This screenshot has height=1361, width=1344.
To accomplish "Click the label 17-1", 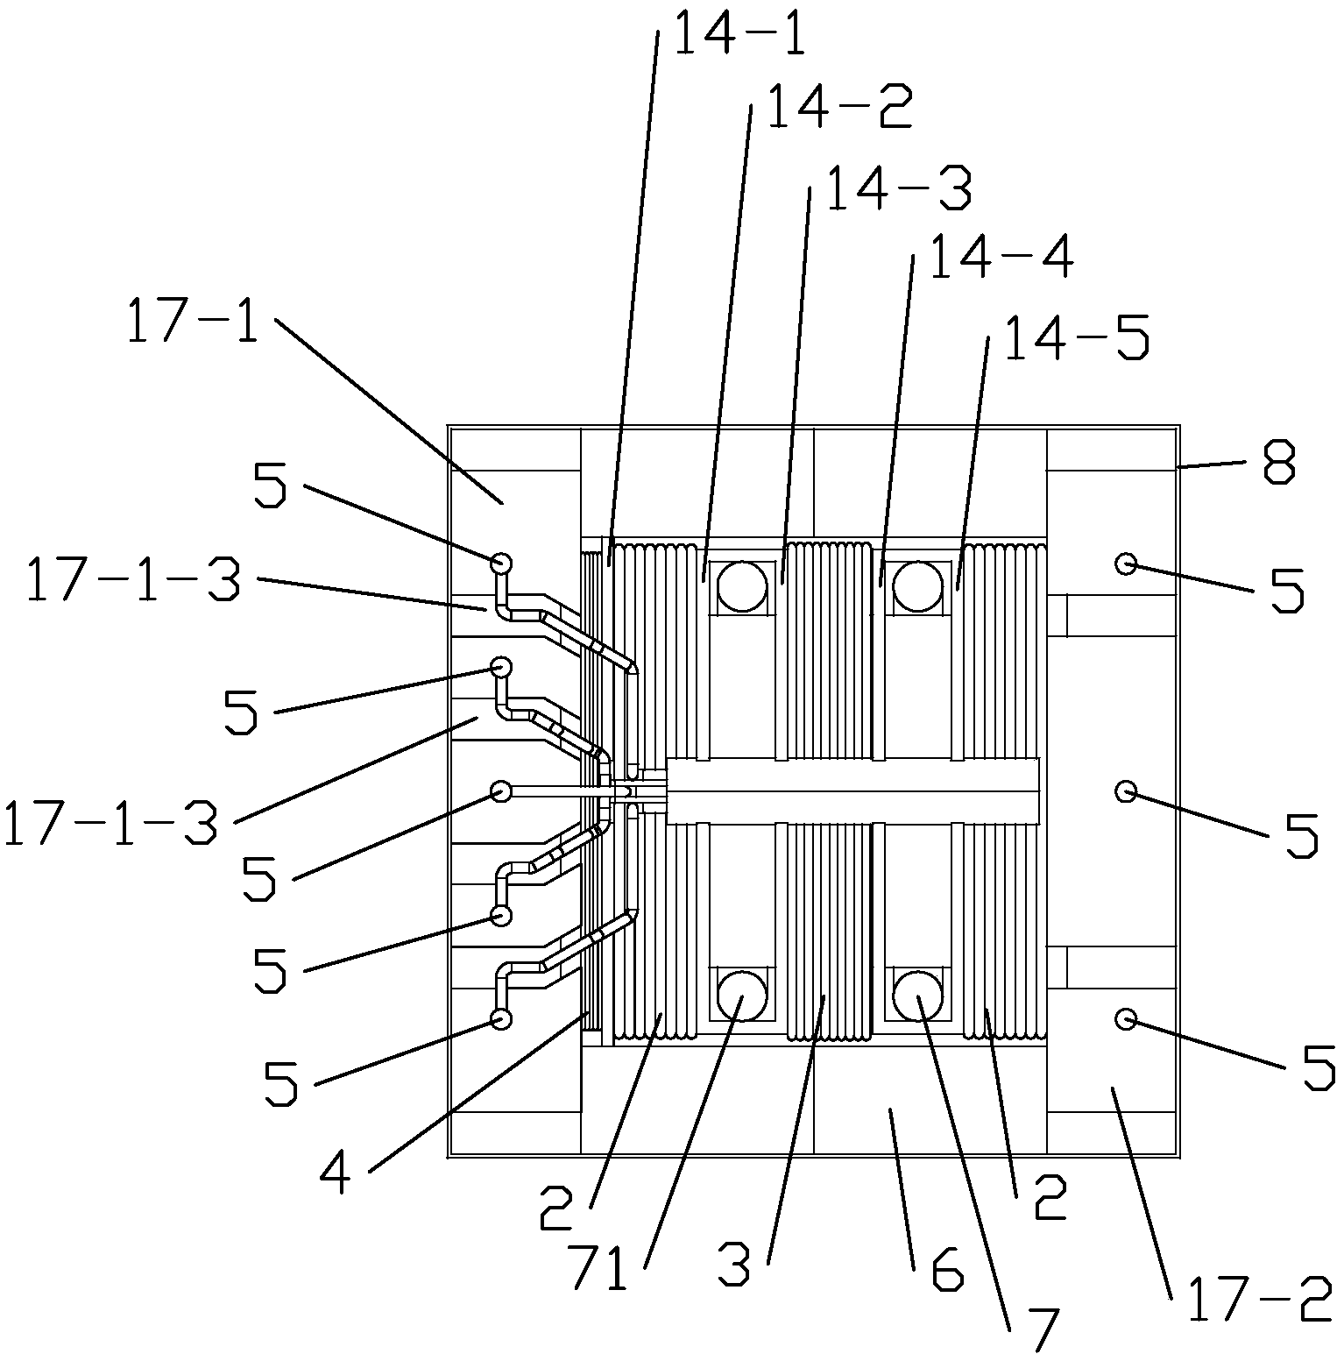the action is (x=193, y=322).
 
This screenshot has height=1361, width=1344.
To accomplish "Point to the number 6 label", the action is (x=946, y=1269).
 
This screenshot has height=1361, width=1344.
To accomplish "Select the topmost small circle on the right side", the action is (x=1126, y=564).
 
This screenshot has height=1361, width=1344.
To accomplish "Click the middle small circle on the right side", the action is (x=1126, y=791).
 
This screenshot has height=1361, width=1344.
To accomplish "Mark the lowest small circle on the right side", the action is (x=1126, y=1018).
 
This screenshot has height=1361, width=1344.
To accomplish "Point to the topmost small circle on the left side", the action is (x=501, y=564).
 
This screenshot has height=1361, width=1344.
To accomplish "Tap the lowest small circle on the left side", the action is (x=501, y=1018).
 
